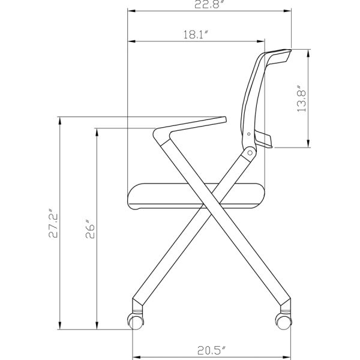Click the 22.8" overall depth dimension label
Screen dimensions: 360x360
click(x=210, y=5)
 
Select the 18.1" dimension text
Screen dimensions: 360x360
click(x=195, y=35)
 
